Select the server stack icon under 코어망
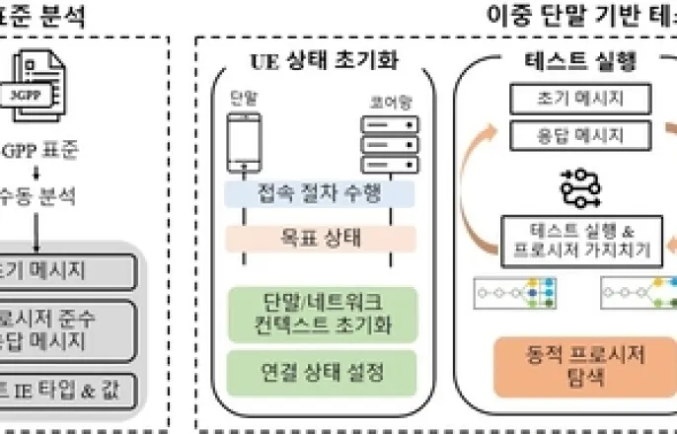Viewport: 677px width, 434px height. pyautogui.click(x=382, y=144)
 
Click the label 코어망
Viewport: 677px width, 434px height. pyautogui.click(x=382, y=102)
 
